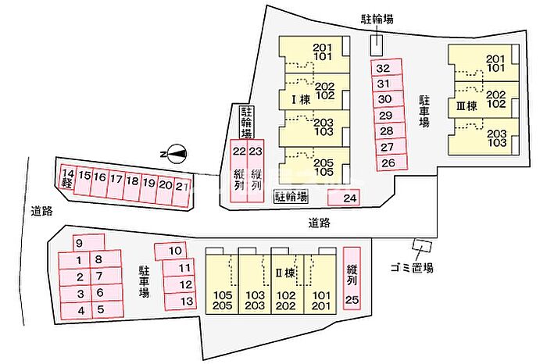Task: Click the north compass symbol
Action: pyautogui.click(x=177, y=154)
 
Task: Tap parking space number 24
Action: pyautogui.click(x=344, y=198)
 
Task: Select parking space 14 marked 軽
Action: pyautogui.click(x=68, y=177)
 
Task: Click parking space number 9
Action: pyautogui.click(x=88, y=242)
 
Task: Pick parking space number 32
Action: pyautogui.click(x=387, y=67)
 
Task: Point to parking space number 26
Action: pyautogui.click(x=391, y=162)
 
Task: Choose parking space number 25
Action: pyautogui.click(x=352, y=279)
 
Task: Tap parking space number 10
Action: pyautogui.click(x=170, y=251)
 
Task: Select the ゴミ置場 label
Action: pyautogui.click(x=412, y=268)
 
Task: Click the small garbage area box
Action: pyautogui.click(x=422, y=245)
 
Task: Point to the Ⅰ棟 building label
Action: pyautogui.click(x=301, y=100)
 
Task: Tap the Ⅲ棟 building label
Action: pyautogui.click(x=467, y=105)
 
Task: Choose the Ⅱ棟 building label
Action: pyautogui.click(x=285, y=273)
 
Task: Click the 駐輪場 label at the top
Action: pyautogui.click(x=377, y=19)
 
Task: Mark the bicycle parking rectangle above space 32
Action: pyautogui.click(x=377, y=45)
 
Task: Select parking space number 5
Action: pyautogui.click(x=108, y=309)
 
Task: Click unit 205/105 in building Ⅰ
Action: pyautogui.click(x=314, y=166)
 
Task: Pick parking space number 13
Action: pyautogui.click(x=180, y=302)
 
